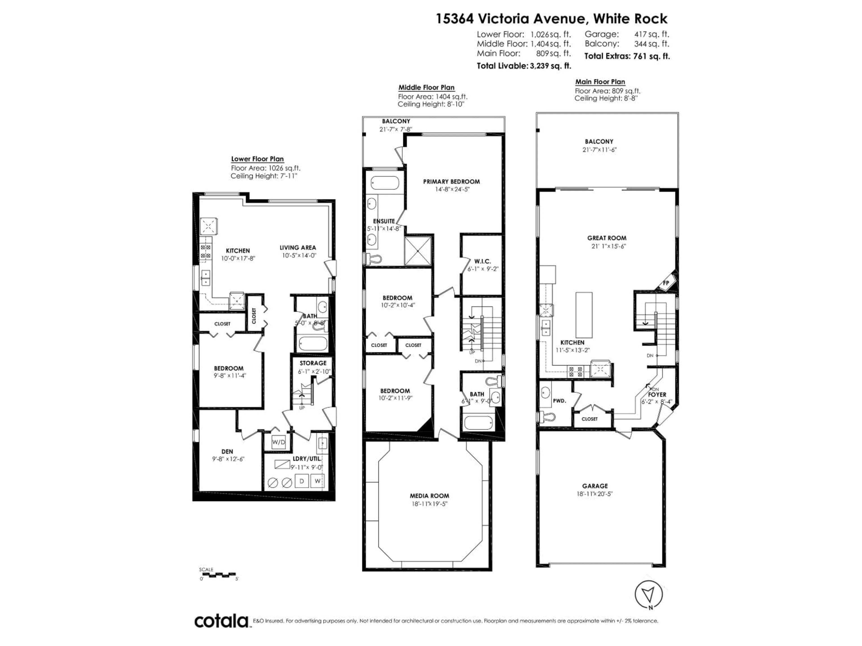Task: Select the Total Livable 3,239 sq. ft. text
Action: (x=524, y=66)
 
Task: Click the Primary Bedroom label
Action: (x=451, y=181)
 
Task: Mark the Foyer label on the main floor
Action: (x=657, y=395)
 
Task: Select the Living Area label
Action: (x=297, y=248)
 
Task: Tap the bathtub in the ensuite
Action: (x=385, y=183)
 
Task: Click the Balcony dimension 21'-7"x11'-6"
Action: (x=599, y=150)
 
